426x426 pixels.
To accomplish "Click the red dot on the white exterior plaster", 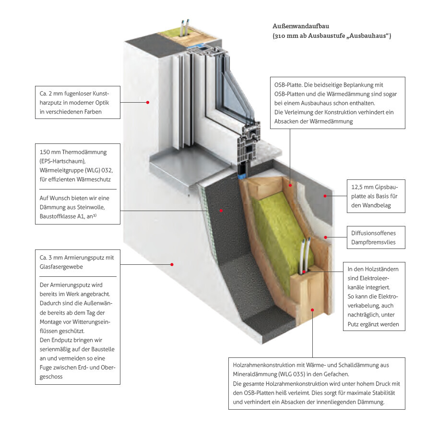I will point(148,102).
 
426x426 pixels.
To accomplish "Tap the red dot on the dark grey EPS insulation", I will point(221,210).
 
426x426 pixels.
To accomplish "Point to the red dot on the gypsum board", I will point(325,196).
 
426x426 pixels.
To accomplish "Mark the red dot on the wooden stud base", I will point(313,309).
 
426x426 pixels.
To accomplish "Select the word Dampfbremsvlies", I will point(374,242).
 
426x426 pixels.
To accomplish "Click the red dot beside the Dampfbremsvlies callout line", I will point(326,237).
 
